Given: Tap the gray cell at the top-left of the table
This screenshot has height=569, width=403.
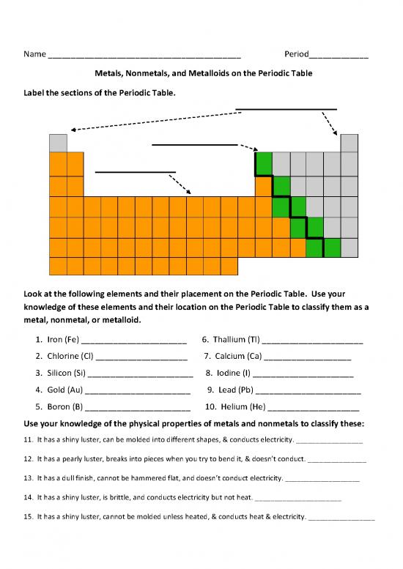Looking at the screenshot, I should click(x=58, y=143).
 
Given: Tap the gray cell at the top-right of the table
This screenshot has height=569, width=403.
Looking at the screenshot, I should click(x=349, y=143).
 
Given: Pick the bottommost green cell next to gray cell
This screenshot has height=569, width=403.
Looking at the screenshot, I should click(x=332, y=248).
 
